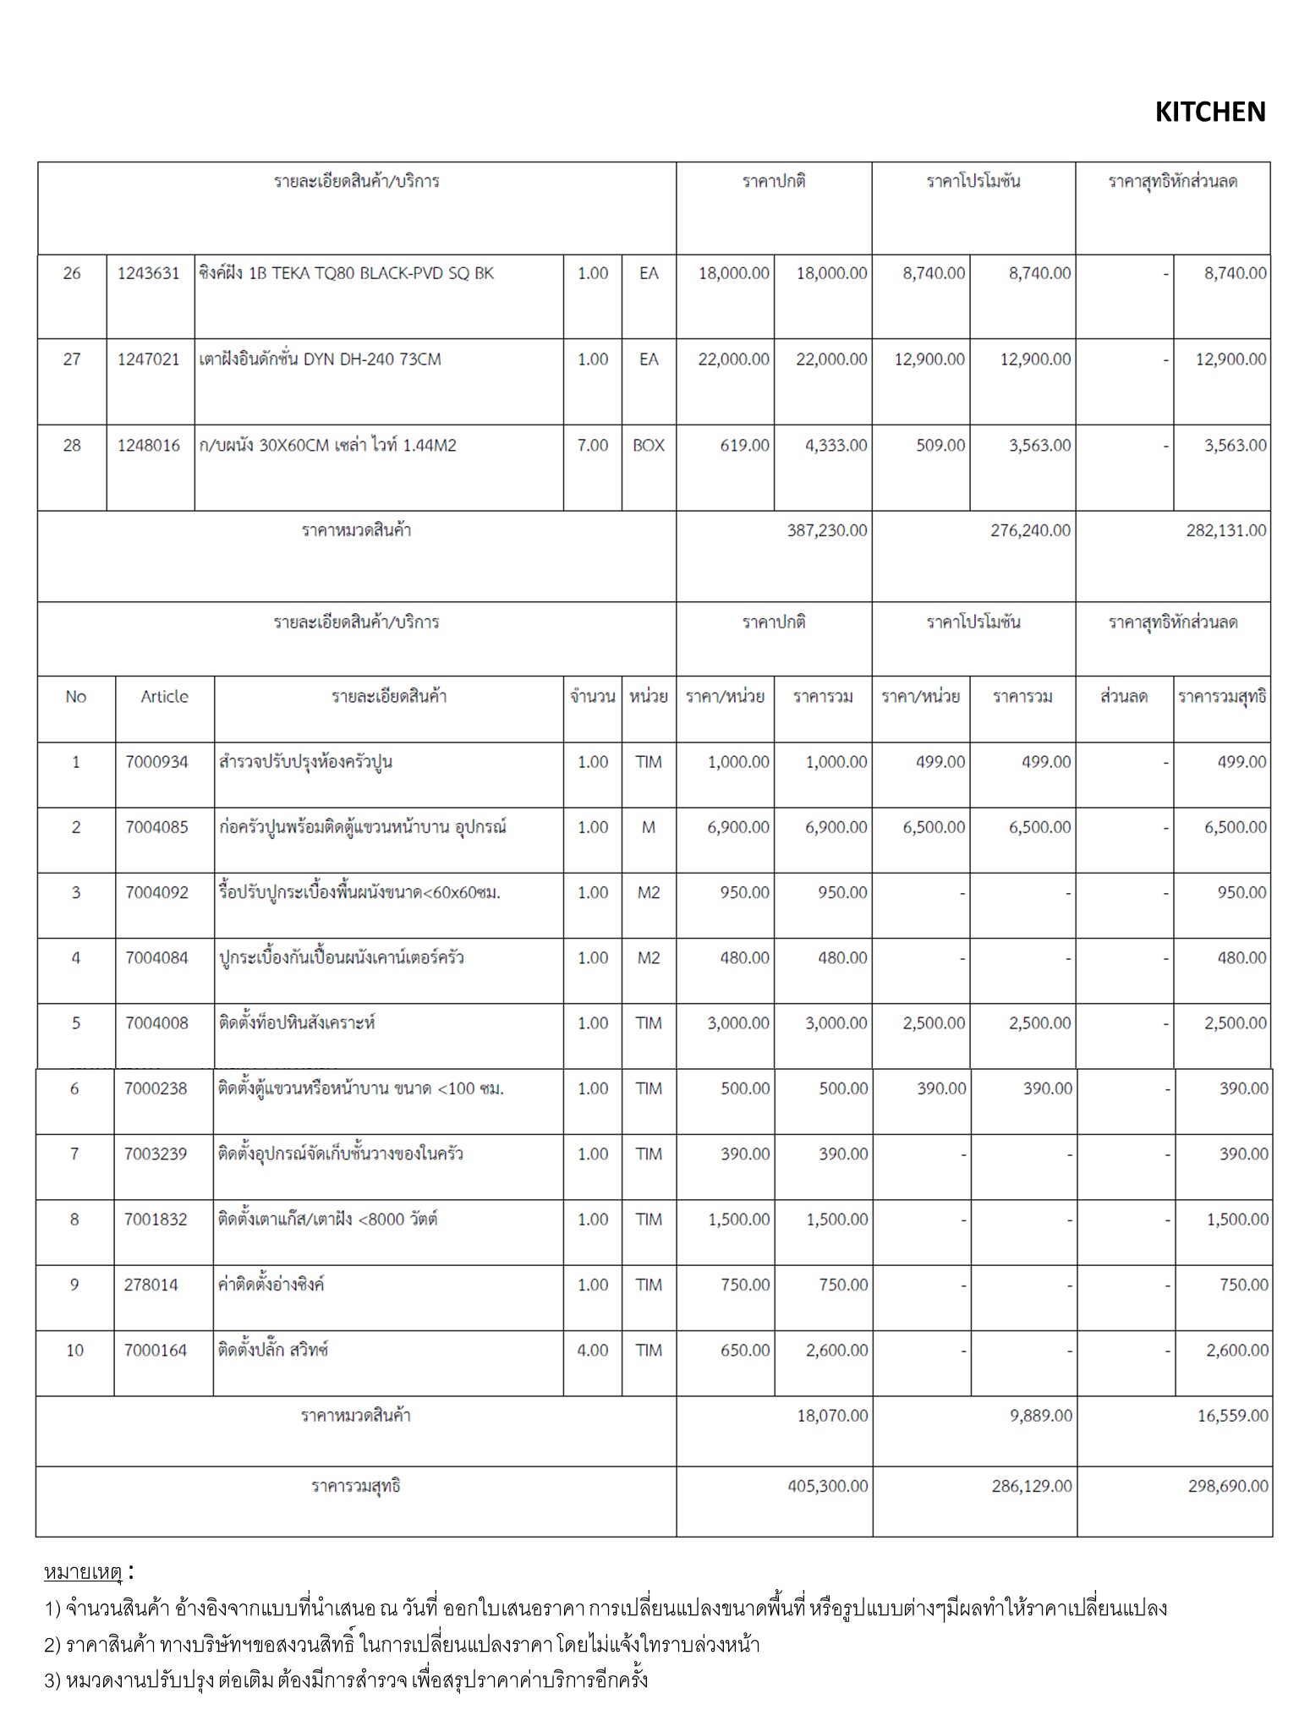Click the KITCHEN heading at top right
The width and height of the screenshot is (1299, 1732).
(1209, 112)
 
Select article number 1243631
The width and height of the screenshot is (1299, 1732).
(149, 273)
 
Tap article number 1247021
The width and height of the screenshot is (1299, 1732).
(149, 359)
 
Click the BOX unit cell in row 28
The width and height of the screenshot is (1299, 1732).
(649, 445)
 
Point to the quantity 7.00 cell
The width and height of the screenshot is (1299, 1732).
(593, 445)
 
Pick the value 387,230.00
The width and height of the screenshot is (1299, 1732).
(827, 530)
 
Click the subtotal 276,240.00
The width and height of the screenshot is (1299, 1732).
(1030, 530)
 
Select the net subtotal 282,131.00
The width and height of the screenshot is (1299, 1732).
(1226, 530)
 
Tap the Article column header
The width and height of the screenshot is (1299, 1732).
(164, 697)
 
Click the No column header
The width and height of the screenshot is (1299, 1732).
(75, 697)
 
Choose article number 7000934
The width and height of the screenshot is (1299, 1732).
(156, 762)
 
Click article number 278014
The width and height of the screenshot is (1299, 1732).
(151, 1285)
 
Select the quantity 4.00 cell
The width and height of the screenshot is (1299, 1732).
(593, 1350)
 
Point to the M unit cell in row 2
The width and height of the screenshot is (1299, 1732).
(649, 827)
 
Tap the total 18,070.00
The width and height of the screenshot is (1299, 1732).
(832, 1415)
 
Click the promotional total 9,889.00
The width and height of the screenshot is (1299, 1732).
(1041, 1415)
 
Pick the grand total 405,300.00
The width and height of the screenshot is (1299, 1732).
(827, 1486)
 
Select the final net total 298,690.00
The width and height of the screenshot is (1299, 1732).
(1228, 1486)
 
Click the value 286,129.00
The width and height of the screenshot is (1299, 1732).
(1032, 1486)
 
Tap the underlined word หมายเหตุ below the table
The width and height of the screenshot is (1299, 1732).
(83, 1572)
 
